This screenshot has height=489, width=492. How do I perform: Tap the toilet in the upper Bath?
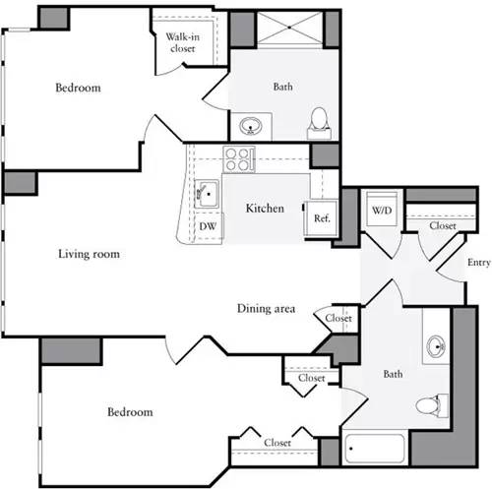(318, 121)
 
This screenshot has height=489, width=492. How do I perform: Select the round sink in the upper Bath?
(250, 126)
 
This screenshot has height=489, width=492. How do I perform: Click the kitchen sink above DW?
(208, 193)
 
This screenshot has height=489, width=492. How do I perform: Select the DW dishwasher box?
(209, 225)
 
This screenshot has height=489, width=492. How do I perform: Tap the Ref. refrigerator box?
(321, 218)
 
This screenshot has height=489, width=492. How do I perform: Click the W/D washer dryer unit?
(381, 209)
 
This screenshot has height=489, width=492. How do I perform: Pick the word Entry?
(478, 263)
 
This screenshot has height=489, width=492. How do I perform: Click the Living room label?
(89, 254)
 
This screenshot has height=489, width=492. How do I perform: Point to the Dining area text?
(266, 308)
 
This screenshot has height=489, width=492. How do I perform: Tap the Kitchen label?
(265, 209)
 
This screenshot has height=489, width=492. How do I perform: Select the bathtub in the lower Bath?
(374, 450)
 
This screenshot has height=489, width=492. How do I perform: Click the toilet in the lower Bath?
(430, 403)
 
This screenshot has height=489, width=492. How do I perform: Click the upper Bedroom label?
(78, 88)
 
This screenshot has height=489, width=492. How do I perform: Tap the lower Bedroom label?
(129, 411)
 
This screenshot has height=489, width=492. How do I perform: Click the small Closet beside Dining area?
(338, 318)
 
